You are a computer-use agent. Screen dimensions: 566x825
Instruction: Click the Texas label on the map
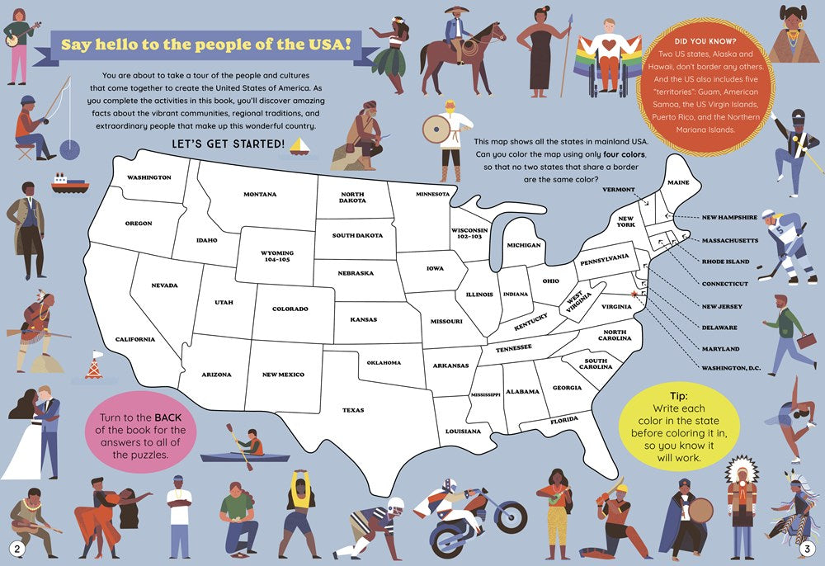[x=353, y=410]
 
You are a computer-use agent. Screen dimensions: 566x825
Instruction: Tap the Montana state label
[x=260, y=195]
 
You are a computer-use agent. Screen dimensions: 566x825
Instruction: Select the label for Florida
[x=564, y=420]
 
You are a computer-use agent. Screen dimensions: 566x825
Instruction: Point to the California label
[x=134, y=339]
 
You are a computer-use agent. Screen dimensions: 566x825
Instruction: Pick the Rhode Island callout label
[x=725, y=262]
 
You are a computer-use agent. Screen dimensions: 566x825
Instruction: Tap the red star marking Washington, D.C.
[x=634, y=293]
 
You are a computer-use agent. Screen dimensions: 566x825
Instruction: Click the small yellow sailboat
[x=303, y=146]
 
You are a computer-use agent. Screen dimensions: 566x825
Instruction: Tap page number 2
[x=16, y=549]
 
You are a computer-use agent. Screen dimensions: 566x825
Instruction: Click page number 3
[x=807, y=549]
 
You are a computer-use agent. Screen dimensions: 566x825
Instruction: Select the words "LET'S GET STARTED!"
[x=228, y=145]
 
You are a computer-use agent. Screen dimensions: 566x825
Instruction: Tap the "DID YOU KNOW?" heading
[x=705, y=41]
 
